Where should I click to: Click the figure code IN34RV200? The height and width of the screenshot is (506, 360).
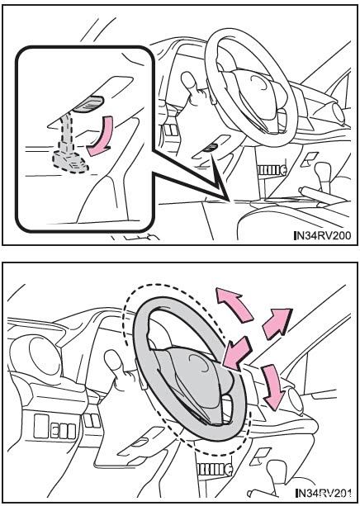pyautogui.click(x=323, y=235)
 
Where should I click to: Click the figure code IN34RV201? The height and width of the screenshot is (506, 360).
pyautogui.click(x=324, y=493)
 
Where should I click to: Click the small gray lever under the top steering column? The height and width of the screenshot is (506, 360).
pyautogui.click(x=211, y=148)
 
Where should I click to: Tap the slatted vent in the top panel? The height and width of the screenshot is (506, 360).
pyautogui.click(x=272, y=170)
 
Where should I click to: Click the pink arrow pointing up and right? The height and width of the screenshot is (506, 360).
pyautogui.click(x=277, y=324)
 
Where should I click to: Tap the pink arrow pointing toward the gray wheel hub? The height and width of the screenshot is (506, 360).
pyautogui.click(x=237, y=353)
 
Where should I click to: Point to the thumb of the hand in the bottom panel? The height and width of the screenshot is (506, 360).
pyautogui.click(x=114, y=361)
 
